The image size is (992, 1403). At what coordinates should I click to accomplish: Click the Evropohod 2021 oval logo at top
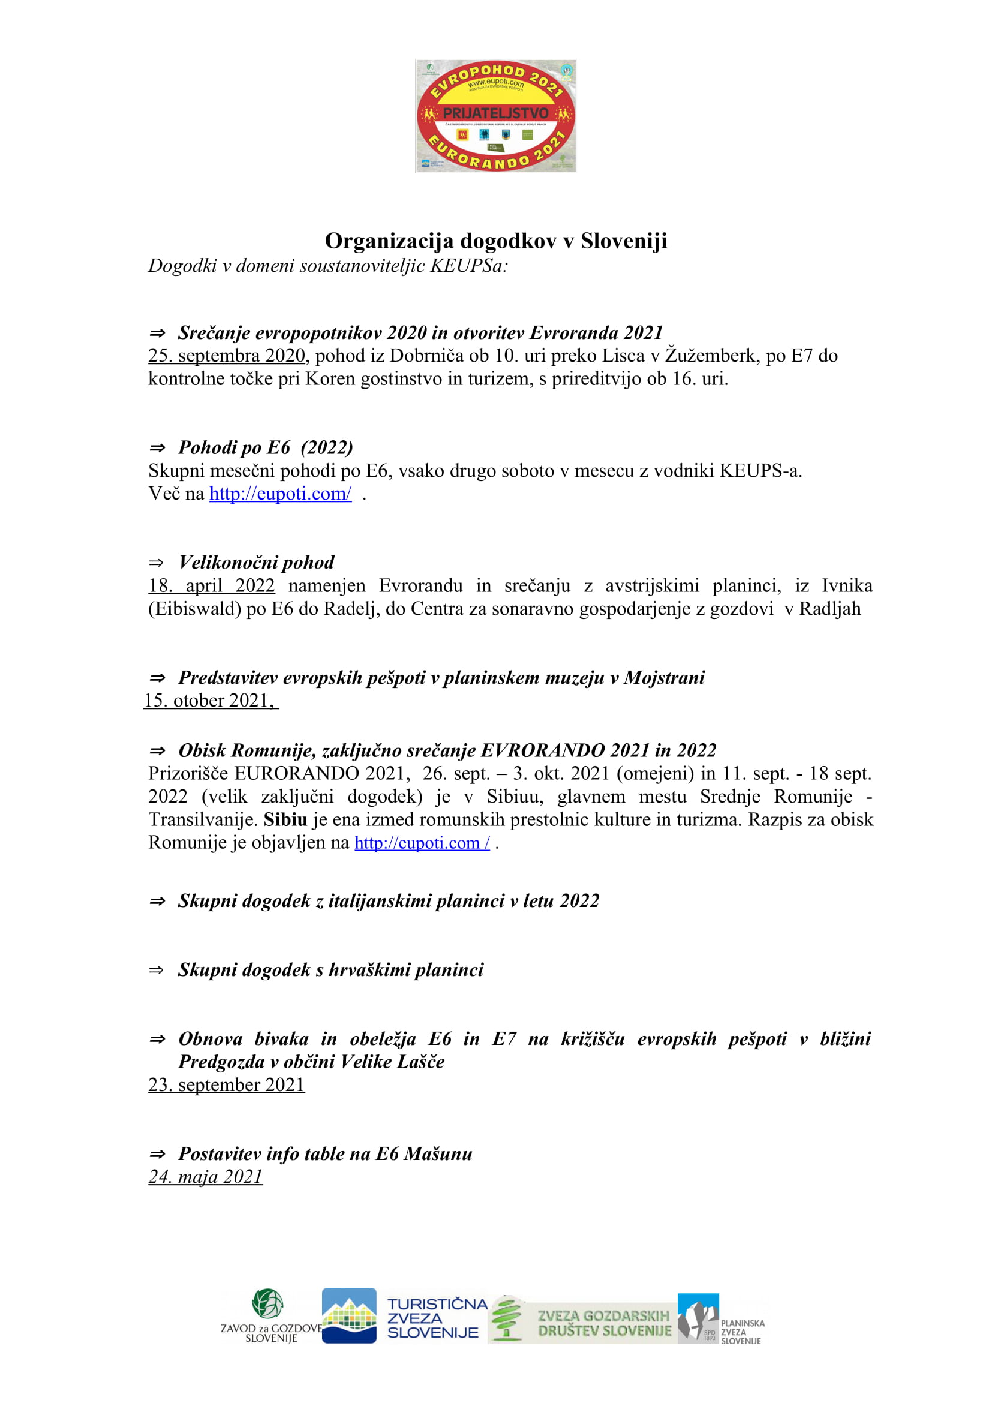[x=495, y=116]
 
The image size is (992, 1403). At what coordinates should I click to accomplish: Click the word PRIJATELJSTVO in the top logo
[x=495, y=113]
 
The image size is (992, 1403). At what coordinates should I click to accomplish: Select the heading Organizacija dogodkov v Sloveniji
[x=495, y=241]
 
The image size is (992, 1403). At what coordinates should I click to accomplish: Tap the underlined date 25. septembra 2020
[x=227, y=356]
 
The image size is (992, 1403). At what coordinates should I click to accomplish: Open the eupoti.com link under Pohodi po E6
[x=280, y=494]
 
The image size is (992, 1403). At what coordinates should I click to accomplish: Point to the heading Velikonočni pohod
[x=257, y=562]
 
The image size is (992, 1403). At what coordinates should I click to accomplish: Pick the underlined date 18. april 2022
[x=211, y=585]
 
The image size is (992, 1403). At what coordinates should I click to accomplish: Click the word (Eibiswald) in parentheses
[x=195, y=609]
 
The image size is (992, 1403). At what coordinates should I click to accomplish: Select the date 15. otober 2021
[x=209, y=700]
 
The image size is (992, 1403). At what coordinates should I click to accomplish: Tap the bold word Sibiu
[x=285, y=819]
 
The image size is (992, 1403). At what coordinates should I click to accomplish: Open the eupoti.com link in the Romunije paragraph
[x=422, y=843]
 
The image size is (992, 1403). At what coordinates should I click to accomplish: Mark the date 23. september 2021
[x=227, y=1084]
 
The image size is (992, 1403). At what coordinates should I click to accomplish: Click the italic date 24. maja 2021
[x=205, y=1176]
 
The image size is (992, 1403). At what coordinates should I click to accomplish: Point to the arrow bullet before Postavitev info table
[x=157, y=1153]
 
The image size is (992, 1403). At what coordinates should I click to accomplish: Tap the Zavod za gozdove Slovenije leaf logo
[x=267, y=1303]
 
